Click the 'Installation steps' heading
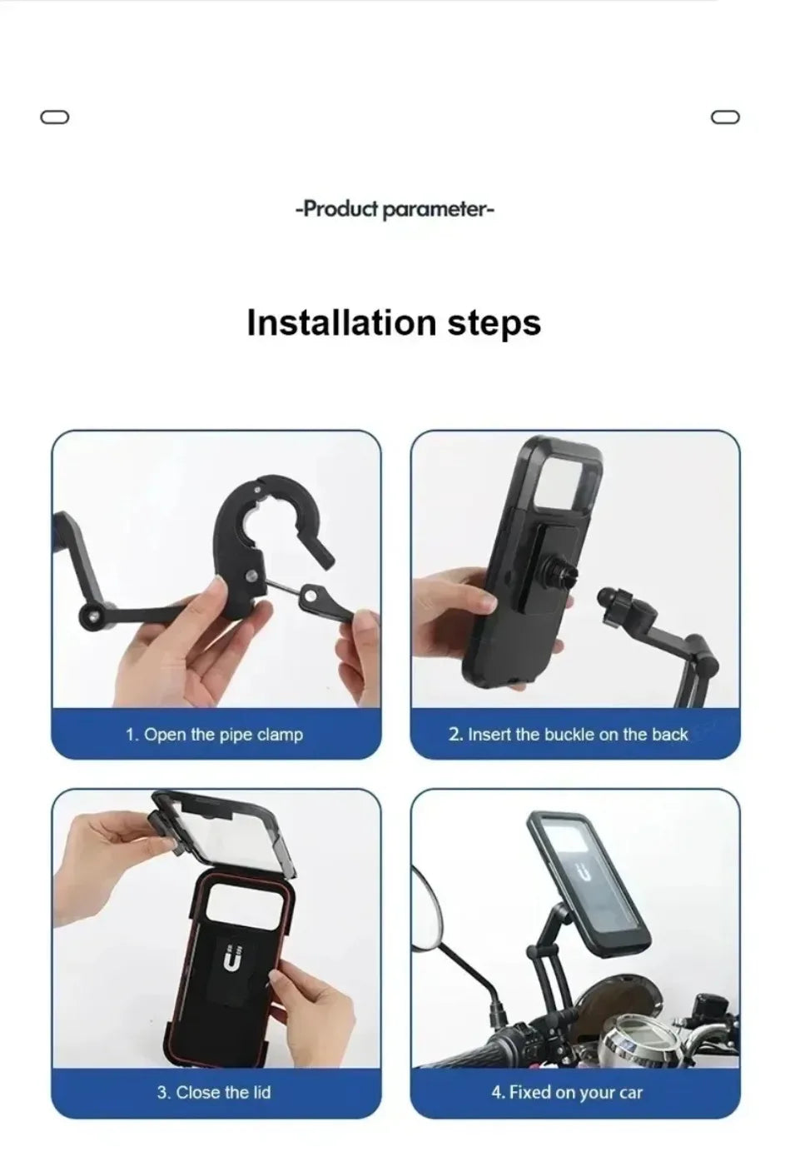coord(394,322)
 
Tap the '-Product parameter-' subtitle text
coord(395,208)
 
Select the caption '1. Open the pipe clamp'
coord(214,735)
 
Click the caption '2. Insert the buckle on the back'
coord(568,735)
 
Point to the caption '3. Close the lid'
coord(214,1092)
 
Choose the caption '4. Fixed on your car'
coord(567,1092)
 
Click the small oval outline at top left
coord(54,117)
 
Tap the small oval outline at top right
coord(725,117)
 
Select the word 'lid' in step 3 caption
coord(261,1092)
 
